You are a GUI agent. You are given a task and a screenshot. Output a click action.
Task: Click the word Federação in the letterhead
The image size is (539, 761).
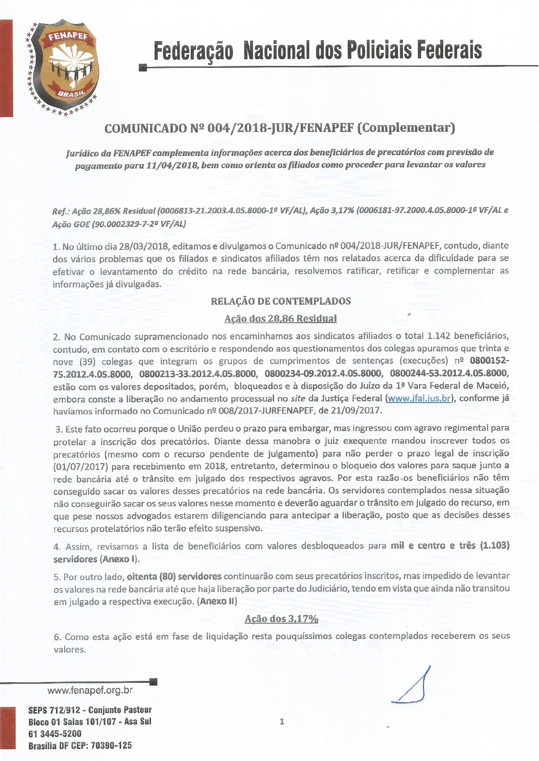pyautogui.click(x=193, y=51)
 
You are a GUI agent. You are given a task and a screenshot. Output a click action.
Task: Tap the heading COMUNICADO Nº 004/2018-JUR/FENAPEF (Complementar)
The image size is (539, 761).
pyautogui.click(x=279, y=128)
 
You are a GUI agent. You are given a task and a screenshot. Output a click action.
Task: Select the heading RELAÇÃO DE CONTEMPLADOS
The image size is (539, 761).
pyautogui.click(x=280, y=301)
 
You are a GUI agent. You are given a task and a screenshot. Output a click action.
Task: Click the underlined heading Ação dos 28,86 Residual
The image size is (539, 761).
pyautogui.click(x=280, y=319)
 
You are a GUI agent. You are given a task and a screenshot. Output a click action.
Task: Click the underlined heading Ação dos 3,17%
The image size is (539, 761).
pyautogui.click(x=281, y=619)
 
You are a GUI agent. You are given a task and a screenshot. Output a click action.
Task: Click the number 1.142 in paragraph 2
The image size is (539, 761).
pyautogui.click(x=438, y=336)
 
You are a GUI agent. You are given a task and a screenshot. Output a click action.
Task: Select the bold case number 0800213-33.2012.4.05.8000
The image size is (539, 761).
pyautogui.click(x=198, y=374)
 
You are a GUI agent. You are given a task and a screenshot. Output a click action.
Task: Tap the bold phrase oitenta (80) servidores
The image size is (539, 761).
pyautogui.click(x=174, y=576)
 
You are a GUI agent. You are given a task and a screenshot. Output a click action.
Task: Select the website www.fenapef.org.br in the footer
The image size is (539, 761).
pyautogui.click(x=90, y=690)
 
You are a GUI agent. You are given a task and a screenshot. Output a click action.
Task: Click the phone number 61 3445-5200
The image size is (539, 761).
pyautogui.click(x=55, y=733)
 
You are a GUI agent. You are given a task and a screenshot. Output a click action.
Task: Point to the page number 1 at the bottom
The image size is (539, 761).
pyautogui.click(x=282, y=721)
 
